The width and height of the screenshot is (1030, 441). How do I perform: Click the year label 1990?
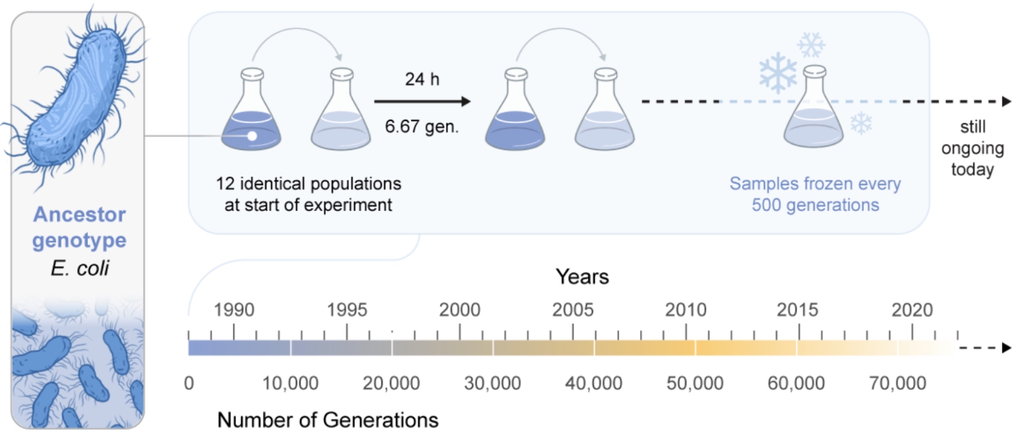pyautogui.click(x=234, y=310)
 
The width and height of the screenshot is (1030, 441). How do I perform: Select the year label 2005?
pyautogui.click(x=573, y=310)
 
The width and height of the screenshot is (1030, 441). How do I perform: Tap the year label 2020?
pyautogui.click(x=912, y=310)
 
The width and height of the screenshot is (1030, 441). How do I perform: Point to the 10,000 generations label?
pyautogui.click(x=289, y=384)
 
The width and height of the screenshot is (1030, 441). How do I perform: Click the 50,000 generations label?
pyautogui.click(x=695, y=384)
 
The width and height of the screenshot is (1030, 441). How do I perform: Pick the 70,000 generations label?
pyautogui.click(x=898, y=384)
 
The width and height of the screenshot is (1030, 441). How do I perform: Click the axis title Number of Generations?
pyautogui.click(x=328, y=420)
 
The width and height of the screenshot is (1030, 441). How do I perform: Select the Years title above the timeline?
pyautogui.click(x=582, y=277)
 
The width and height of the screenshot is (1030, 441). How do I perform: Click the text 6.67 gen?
pyautogui.click(x=422, y=126)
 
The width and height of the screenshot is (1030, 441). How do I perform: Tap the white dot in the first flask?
pyautogui.click(x=251, y=136)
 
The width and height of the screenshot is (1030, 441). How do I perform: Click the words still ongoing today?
pyautogui.click(x=973, y=148)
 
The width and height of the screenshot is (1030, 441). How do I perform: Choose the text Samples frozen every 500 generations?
pyautogui.click(x=815, y=194)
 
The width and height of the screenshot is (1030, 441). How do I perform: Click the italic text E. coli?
pyautogui.click(x=80, y=269)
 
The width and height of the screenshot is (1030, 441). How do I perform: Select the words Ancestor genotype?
pyautogui.click(x=80, y=228)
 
